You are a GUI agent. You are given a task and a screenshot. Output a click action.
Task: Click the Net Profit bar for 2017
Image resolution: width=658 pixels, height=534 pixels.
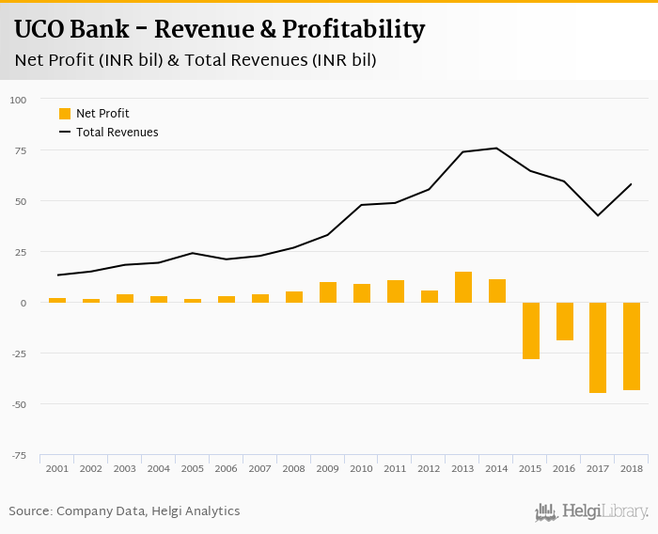click(x=598, y=347)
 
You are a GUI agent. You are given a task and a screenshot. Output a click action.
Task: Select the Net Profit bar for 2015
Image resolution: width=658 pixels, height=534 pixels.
click(x=531, y=330)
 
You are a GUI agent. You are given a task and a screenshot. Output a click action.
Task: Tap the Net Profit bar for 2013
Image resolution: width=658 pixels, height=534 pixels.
click(x=463, y=287)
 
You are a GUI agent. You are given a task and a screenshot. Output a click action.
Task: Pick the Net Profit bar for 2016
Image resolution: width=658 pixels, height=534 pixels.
click(x=564, y=321)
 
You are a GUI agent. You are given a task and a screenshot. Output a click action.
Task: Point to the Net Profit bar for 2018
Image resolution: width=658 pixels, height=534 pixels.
click(x=632, y=346)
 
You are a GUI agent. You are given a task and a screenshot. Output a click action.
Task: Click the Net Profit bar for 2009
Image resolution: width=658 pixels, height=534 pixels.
click(x=328, y=292)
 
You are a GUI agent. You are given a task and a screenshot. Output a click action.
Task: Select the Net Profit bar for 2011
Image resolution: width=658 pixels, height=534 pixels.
click(x=396, y=291)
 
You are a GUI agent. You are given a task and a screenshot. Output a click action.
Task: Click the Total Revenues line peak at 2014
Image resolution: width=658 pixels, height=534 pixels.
click(x=496, y=148)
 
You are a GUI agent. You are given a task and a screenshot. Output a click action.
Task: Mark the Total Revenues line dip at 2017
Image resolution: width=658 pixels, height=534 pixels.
click(x=598, y=215)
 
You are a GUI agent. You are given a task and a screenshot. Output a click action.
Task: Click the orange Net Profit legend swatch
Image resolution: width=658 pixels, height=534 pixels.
click(x=65, y=114)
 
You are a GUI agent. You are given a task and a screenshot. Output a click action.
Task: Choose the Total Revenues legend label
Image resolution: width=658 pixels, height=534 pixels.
click(x=117, y=133)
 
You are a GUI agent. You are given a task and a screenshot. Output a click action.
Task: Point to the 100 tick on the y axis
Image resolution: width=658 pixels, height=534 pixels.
click(x=18, y=100)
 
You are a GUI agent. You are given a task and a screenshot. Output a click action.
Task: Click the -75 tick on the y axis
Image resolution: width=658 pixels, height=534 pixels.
click(x=18, y=456)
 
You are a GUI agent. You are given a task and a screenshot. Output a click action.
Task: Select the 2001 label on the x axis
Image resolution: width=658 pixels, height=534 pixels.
click(x=57, y=468)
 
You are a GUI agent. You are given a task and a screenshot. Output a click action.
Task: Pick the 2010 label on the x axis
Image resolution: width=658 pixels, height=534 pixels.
click(x=362, y=468)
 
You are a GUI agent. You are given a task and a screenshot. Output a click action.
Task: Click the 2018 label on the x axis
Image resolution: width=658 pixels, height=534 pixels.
click(x=632, y=468)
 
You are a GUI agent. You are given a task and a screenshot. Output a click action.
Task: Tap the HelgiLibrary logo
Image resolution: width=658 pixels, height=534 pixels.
click(x=591, y=512)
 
